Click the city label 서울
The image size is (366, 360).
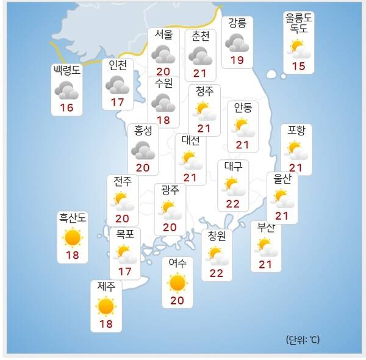pos(163,34)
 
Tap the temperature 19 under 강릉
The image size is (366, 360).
pos(237,60)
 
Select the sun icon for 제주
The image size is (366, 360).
pos(106,306)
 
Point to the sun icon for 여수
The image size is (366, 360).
pos(178,283)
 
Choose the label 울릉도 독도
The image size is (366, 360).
pos(299,23)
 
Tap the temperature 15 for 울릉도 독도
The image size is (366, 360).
pos(299,65)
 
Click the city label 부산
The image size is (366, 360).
pos(266,228)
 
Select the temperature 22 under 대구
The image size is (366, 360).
pos(232,203)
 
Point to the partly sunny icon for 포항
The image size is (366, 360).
pos(296,149)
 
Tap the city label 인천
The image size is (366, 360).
pos(118,65)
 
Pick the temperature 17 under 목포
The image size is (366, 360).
pos(125,270)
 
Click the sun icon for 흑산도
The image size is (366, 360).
pos(72,237)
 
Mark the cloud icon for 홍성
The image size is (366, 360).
pos(143,149)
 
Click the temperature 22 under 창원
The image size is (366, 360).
pos(217,273)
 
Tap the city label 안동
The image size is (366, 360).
pos(243,108)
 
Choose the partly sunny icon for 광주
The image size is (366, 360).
pos(170,209)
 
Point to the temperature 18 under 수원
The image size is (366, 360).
pos(163,120)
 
